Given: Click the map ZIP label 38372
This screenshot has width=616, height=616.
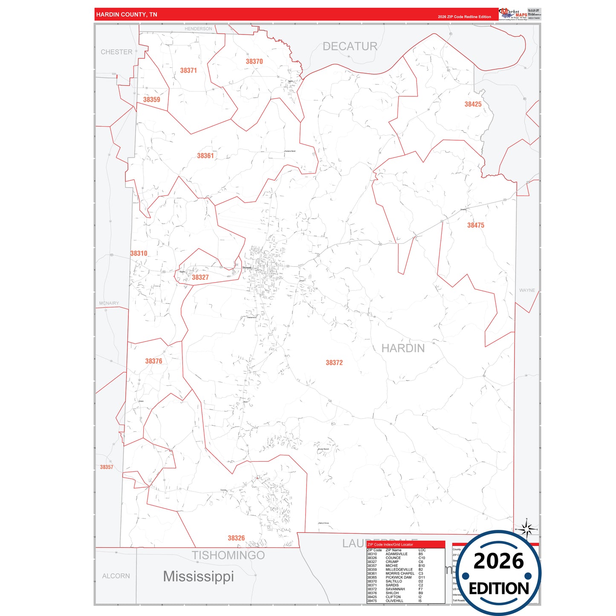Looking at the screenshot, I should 334,363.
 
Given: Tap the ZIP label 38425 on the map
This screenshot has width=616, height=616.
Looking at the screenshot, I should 473,104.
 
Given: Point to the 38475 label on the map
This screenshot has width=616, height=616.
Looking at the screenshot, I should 475,225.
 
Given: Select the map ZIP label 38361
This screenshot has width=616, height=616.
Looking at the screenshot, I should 205,156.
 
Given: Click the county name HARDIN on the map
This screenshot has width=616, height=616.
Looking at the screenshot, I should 403,348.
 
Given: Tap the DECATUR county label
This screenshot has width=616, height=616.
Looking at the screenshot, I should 350,46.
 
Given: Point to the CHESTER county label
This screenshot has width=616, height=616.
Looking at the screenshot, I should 116,52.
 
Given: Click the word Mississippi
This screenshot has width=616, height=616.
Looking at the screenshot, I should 198,576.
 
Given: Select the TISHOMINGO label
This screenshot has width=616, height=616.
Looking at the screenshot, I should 228,555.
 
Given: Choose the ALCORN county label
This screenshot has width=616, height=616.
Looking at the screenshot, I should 116,576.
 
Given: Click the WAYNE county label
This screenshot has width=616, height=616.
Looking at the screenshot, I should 527,290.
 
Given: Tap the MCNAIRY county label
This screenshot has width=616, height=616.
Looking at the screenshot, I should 109,304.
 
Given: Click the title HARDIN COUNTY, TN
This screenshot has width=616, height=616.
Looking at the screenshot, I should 127,14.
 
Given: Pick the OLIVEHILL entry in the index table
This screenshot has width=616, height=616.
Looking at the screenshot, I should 394,601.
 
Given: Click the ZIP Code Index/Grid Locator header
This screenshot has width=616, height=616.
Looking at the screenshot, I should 390,544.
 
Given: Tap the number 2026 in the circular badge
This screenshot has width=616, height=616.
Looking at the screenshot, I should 498,561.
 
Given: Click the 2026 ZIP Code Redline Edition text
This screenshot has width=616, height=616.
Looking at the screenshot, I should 464,17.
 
